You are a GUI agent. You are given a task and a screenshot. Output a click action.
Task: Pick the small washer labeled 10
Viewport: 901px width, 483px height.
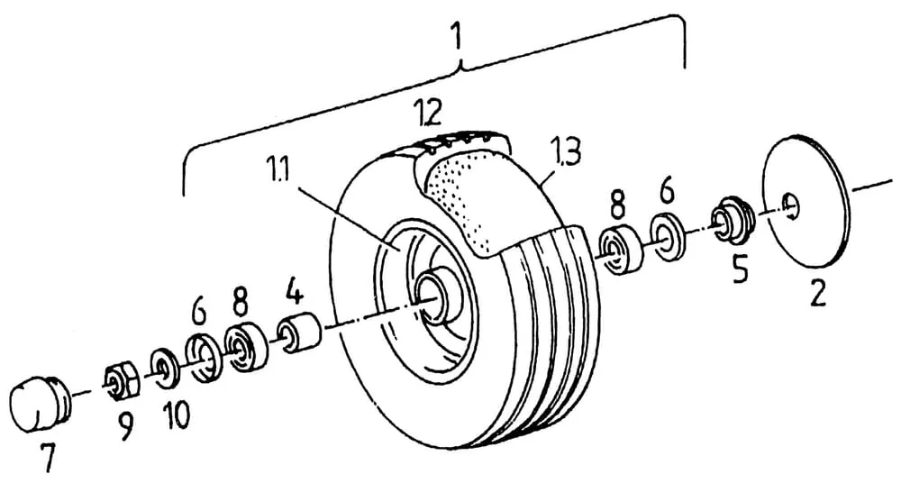(164, 367)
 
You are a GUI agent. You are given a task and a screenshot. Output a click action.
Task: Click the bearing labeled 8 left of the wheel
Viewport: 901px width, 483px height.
(245, 348)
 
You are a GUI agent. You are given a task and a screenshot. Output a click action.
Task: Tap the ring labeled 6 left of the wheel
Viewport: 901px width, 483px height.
(203, 359)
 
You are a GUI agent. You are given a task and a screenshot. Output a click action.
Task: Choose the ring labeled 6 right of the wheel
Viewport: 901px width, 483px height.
(666, 238)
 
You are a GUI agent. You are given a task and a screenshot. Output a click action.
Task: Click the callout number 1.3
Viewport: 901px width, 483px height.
(566, 152)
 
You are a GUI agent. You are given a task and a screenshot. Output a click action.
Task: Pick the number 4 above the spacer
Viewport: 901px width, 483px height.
(295, 293)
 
